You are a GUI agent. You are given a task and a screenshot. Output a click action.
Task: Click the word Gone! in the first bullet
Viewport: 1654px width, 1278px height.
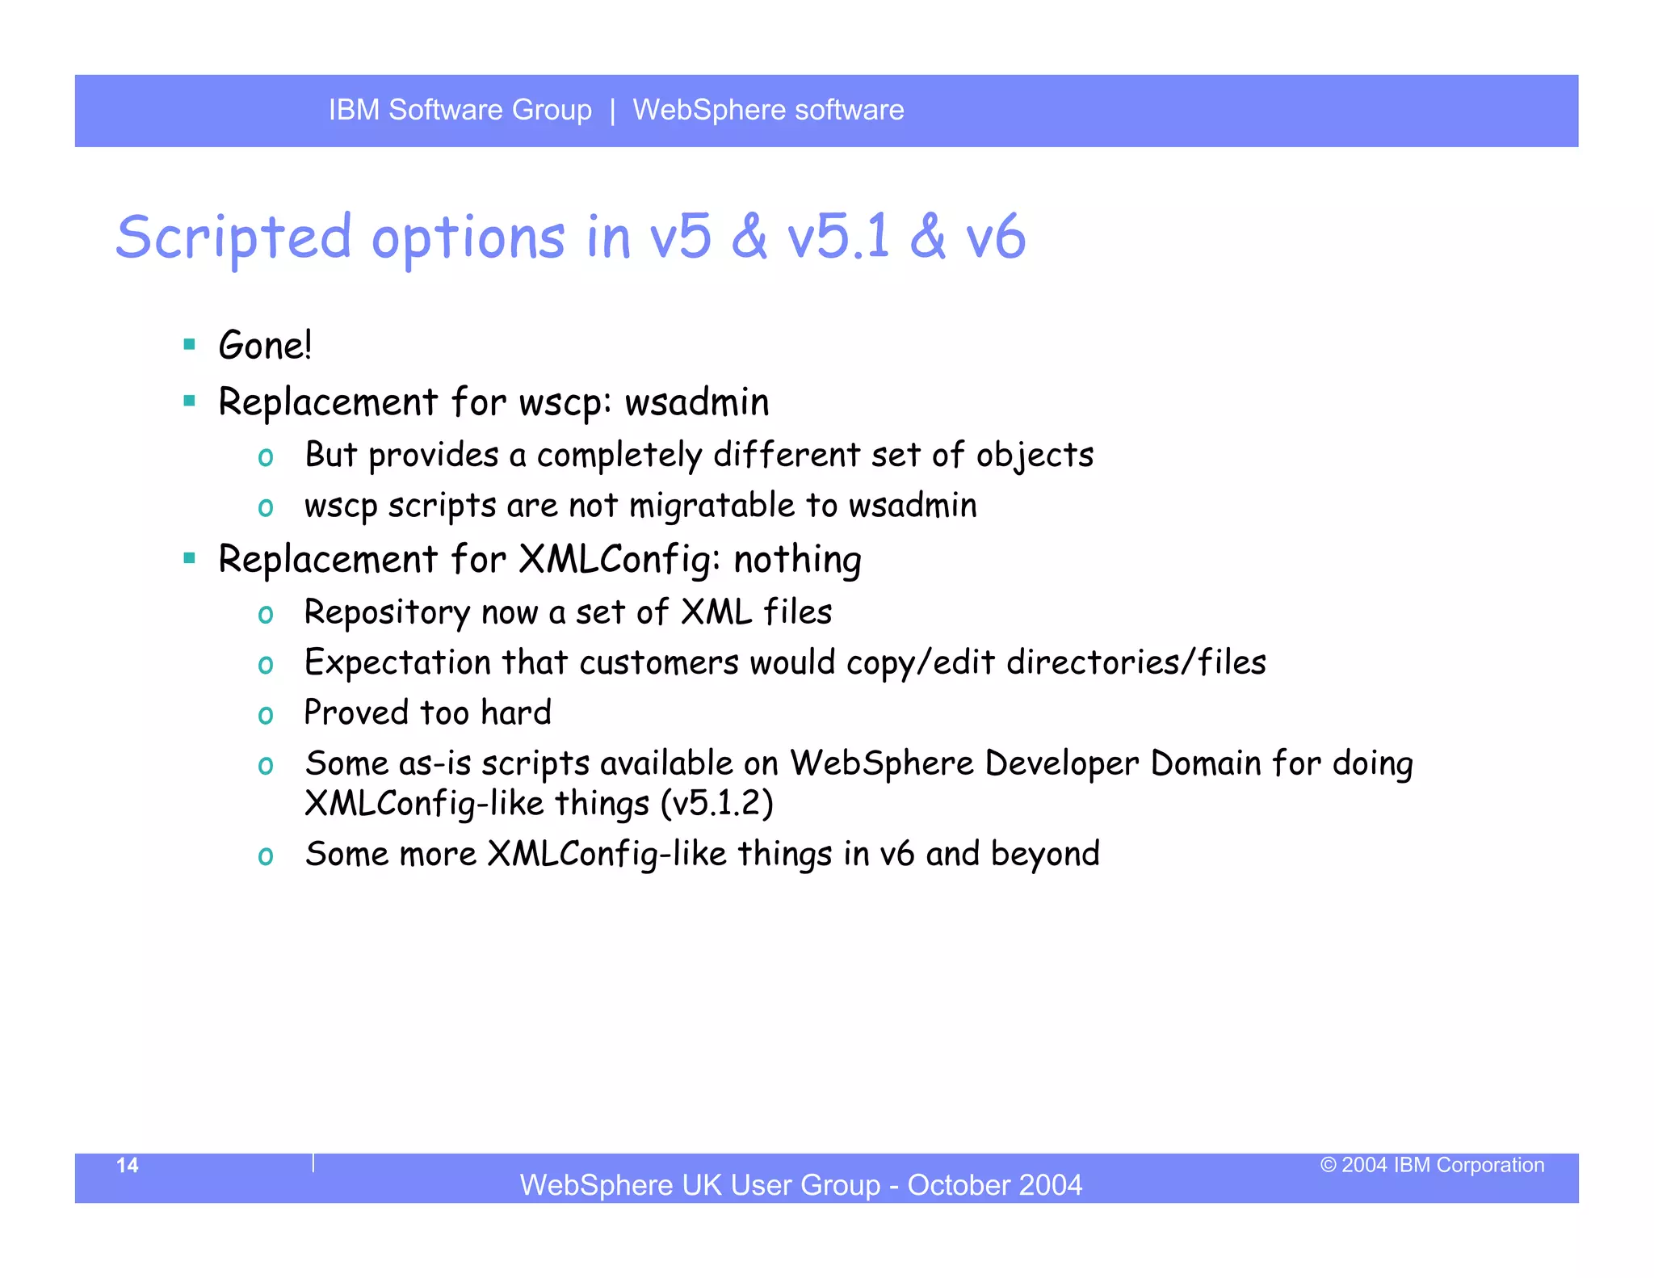(x=265, y=346)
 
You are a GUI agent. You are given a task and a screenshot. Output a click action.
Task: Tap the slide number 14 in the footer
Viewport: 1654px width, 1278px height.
(x=128, y=1165)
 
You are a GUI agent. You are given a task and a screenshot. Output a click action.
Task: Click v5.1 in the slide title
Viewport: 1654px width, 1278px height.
(x=838, y=238)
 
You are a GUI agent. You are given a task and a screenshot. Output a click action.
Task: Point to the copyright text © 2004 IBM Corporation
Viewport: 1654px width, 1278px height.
(x=1432, y=1165)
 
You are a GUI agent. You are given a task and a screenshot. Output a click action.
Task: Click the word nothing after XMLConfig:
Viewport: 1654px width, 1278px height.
(x=797, y=560)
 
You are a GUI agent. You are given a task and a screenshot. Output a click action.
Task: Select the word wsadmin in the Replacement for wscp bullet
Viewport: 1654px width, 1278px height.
(x=697, y=402)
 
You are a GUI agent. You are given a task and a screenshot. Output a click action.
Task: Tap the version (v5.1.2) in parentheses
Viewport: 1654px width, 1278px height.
(x=716, y=804)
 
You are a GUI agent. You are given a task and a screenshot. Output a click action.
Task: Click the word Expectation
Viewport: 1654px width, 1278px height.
(x=397, y=662)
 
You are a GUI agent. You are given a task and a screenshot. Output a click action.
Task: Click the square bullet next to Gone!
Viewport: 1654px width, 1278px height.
(x=190, y=345)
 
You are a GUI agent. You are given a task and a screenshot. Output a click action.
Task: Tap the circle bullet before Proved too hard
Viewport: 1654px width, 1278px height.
(x=265, y=715)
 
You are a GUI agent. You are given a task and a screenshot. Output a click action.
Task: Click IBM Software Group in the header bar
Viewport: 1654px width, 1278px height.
(x=460, y=110)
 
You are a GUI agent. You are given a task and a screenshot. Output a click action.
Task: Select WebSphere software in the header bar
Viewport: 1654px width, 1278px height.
(x=768, y=110)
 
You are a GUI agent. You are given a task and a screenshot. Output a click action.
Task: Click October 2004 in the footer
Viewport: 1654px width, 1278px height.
(x=994, y=1185)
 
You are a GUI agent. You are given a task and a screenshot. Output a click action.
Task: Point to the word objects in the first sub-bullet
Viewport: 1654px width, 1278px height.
(x=1035, y=456)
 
